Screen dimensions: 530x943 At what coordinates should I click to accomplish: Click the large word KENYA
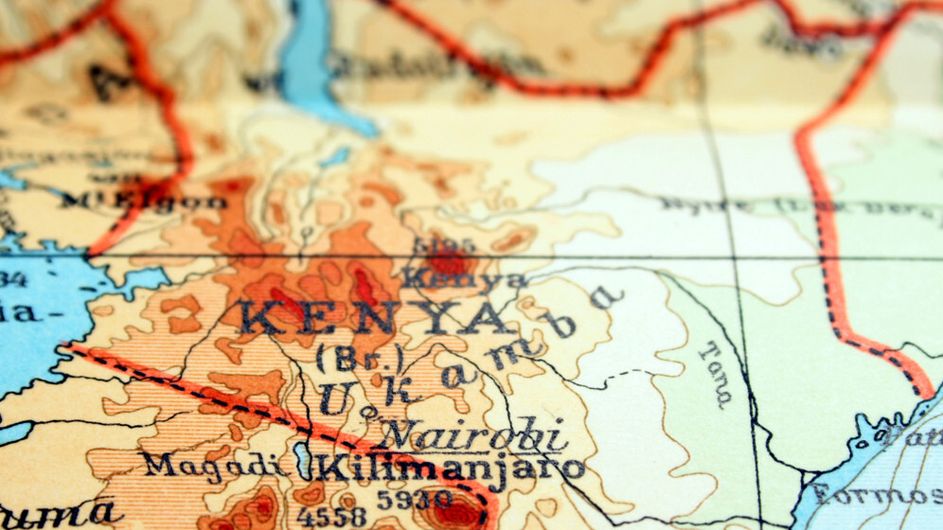coord(374,319)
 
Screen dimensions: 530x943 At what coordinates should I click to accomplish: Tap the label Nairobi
coord(474,436)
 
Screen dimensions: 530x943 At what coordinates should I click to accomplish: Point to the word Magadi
coord(213,465)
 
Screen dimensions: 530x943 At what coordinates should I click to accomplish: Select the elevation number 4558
coord(331,516)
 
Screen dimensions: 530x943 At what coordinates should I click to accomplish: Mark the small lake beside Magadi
coord(302,460)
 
